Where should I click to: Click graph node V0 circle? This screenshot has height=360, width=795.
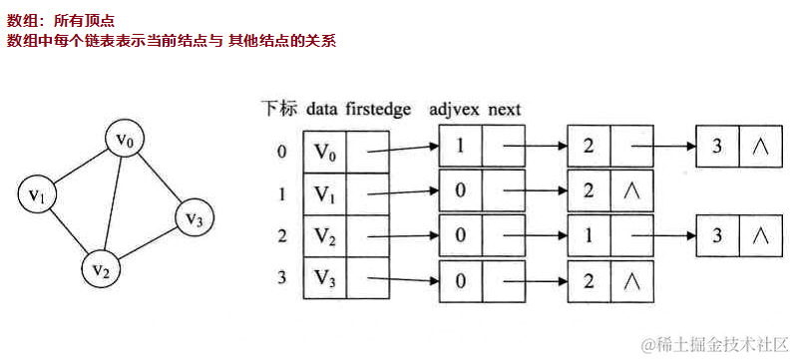coord(124,141)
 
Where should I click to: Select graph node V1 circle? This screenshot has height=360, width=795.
coord(38,193)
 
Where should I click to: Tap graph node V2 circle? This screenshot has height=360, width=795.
coord(101,267)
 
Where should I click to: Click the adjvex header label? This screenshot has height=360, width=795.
coord(454,109)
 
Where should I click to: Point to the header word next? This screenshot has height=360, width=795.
coord(505,109)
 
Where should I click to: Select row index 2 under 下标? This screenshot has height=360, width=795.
coord(282,235)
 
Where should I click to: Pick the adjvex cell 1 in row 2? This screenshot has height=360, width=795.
coord(589,235)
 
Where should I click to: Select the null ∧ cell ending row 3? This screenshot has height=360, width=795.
coord(630,279)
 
